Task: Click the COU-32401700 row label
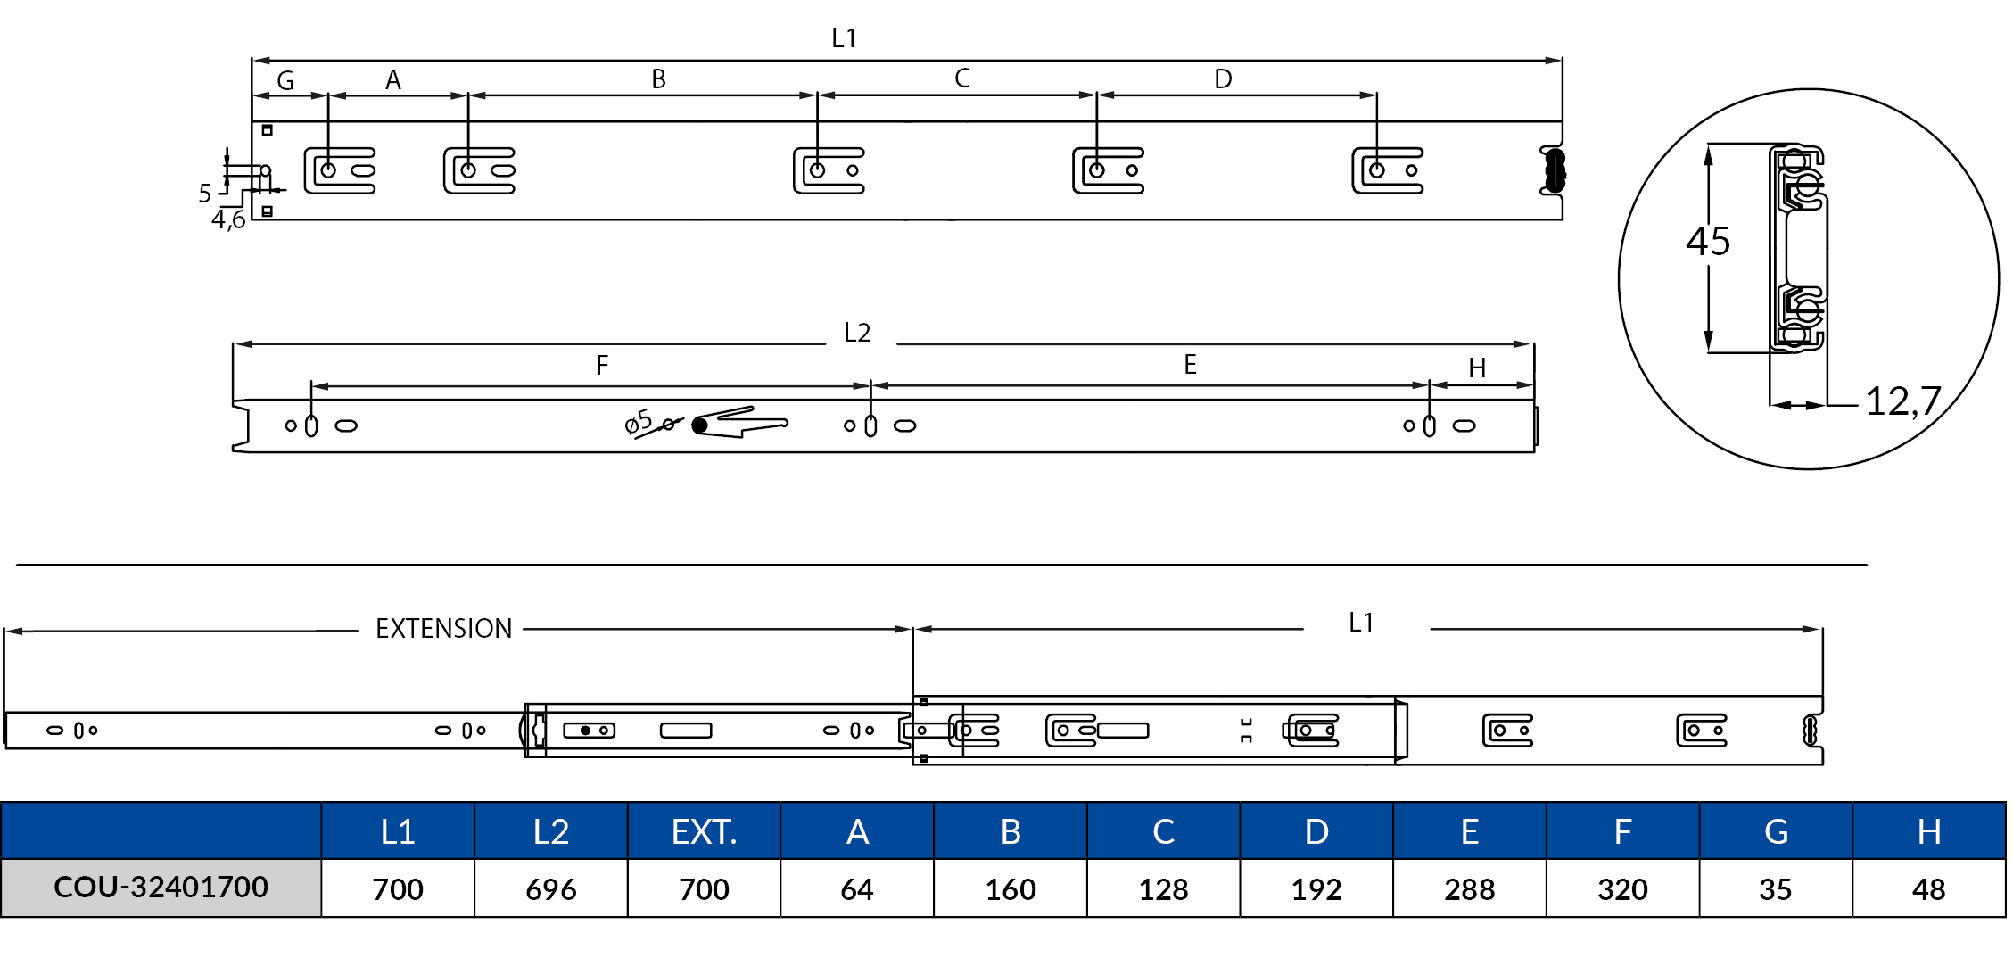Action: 161,888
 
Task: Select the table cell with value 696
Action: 550,889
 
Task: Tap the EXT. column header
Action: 704,831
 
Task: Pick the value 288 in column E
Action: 1469,889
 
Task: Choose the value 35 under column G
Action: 1775,889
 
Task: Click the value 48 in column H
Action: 1928,889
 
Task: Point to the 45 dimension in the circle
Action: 1708,242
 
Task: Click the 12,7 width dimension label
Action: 1902,401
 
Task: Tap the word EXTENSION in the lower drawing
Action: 443,629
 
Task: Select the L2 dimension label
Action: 857,333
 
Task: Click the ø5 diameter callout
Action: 639,422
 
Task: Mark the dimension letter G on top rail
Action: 285,81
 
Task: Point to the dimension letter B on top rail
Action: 658,79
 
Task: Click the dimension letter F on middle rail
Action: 602,365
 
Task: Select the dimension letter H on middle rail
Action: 1477,368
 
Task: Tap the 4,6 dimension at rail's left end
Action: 228,219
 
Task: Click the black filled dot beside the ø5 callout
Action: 700,425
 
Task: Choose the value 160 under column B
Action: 1010,889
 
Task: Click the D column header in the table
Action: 1316,831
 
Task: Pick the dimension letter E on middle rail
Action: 1190,364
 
